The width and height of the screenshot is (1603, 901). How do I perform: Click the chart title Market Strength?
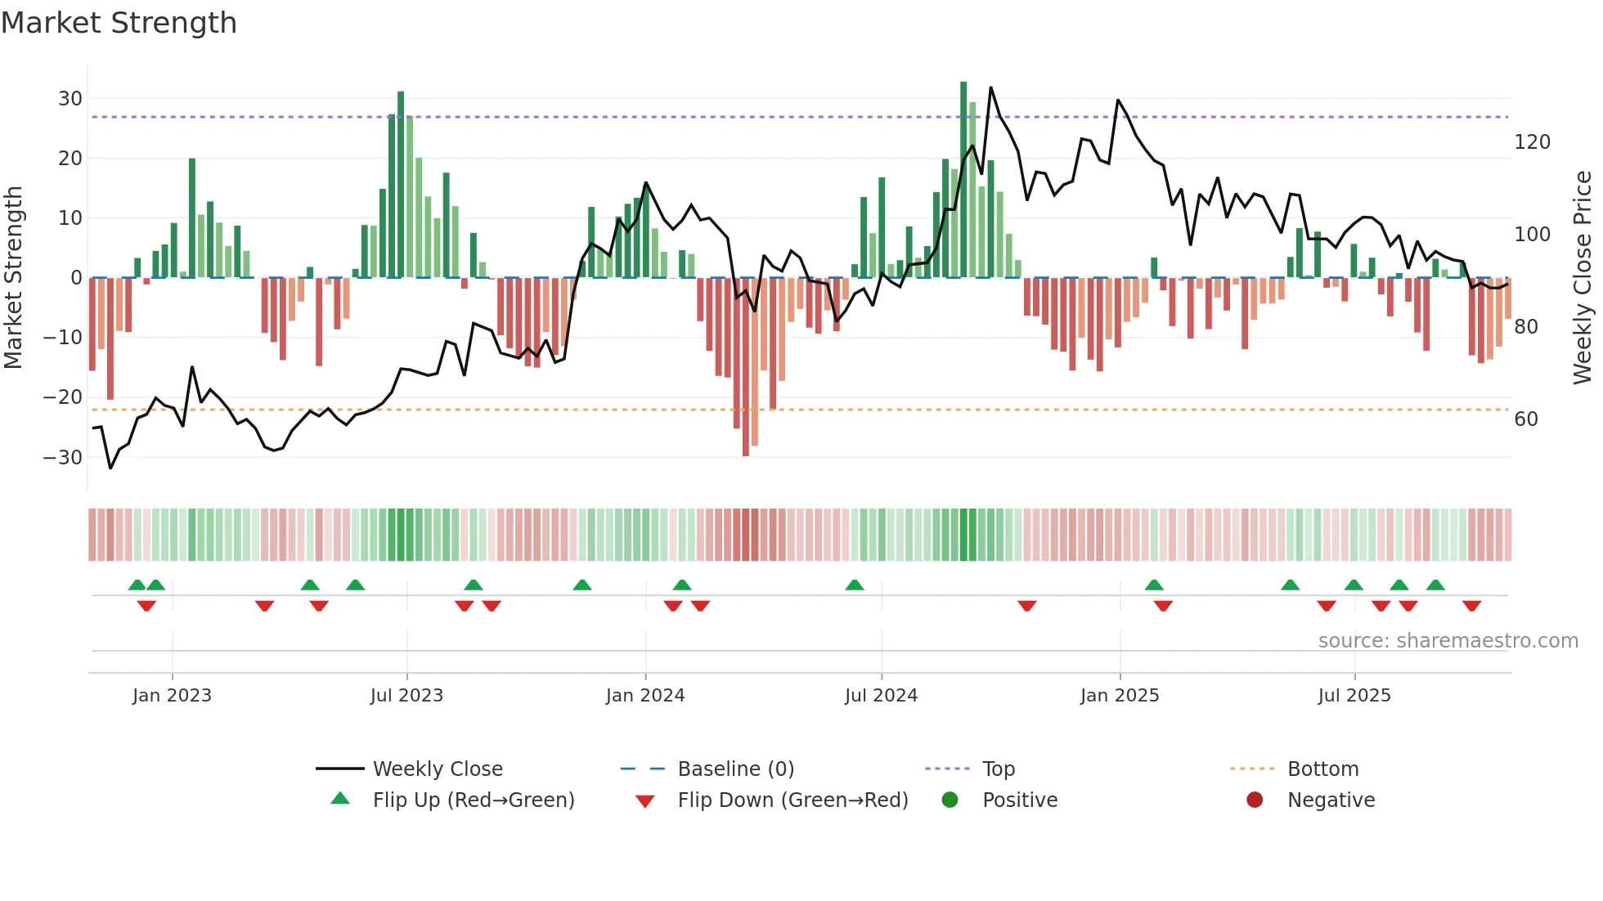point(119,23)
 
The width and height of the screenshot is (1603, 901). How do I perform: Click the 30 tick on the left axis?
point(70,99)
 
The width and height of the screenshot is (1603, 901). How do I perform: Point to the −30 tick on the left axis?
point(63,457)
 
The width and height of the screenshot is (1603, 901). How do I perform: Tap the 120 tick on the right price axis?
point(1532,142)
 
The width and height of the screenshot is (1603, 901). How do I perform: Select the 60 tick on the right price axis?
point(1525,419)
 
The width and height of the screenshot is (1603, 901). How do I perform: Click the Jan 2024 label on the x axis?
point(644,696)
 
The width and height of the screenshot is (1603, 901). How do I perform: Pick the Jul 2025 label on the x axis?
point(1354,696)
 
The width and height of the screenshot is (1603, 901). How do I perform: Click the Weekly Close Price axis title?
point(1582,278)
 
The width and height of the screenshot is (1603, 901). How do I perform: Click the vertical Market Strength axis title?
point(14,278)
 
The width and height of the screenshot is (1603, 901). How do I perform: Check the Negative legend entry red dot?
point(1255,800)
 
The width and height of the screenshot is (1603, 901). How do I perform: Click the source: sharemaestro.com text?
point(1448,641)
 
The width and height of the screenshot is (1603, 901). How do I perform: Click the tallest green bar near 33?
point(963,180)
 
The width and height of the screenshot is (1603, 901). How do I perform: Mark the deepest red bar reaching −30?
point(745,368)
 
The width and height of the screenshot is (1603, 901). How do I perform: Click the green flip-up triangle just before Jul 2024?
point(854,585)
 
